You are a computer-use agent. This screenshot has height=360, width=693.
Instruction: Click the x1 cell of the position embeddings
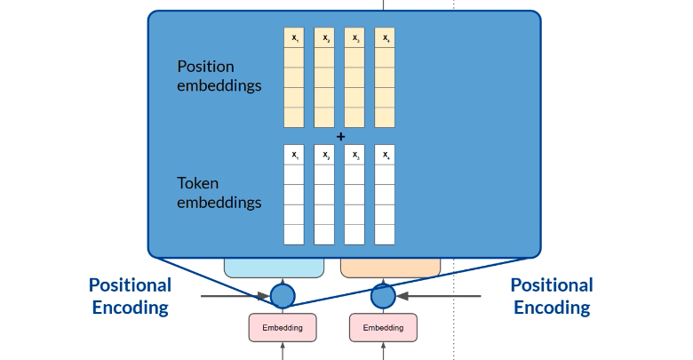pyautogui.click(x=294, y=38)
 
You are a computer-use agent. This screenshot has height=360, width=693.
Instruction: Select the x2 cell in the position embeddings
pyautogui.click(x=324, y=38)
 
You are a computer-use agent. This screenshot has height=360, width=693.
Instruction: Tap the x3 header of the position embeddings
pyautogui.click(x=354, y=38)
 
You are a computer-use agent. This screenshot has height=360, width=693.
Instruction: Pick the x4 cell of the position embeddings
pyautogui.click(x=385, y=38)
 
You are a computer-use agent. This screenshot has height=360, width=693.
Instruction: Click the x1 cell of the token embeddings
pyautogui.click(x=294, y=156)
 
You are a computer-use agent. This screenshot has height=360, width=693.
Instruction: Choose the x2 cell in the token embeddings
pyautogui.click(x=324, y=156)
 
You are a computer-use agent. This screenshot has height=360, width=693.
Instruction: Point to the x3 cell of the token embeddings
pyautogui.click(x=354, y=156)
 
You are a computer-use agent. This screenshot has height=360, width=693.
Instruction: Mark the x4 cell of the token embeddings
pyautogui.click(x=385, y=156)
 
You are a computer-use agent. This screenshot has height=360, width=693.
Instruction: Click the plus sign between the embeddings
pyautogui.click(x=340, y=136)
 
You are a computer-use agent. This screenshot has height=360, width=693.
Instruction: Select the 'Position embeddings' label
pyautogui.click(x=219, y=76)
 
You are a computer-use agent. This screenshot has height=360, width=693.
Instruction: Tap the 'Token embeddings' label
pyautogui.click(x=219, y=193)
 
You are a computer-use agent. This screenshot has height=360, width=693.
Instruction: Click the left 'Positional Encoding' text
pyautogui.click(x=130, y=296)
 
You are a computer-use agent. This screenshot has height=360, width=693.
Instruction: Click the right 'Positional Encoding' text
pyautogui.click(x=552, y=296)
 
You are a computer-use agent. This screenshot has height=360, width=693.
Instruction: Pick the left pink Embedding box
pyautogui.click(x=282, y=328)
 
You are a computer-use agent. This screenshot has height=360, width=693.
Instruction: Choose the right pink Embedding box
pyautogui.click(x=383, y=328)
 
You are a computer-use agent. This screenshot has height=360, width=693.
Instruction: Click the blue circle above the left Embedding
pyautogui.click(x=283, y=295)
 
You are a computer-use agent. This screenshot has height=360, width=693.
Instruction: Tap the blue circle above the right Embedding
pyautogui.click(x=383, y=295)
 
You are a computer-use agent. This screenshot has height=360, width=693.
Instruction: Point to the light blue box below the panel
pyautogui.click(x=274, y=267)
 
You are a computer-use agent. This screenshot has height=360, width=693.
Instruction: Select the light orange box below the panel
pyautogui.click(x=391, y=267)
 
